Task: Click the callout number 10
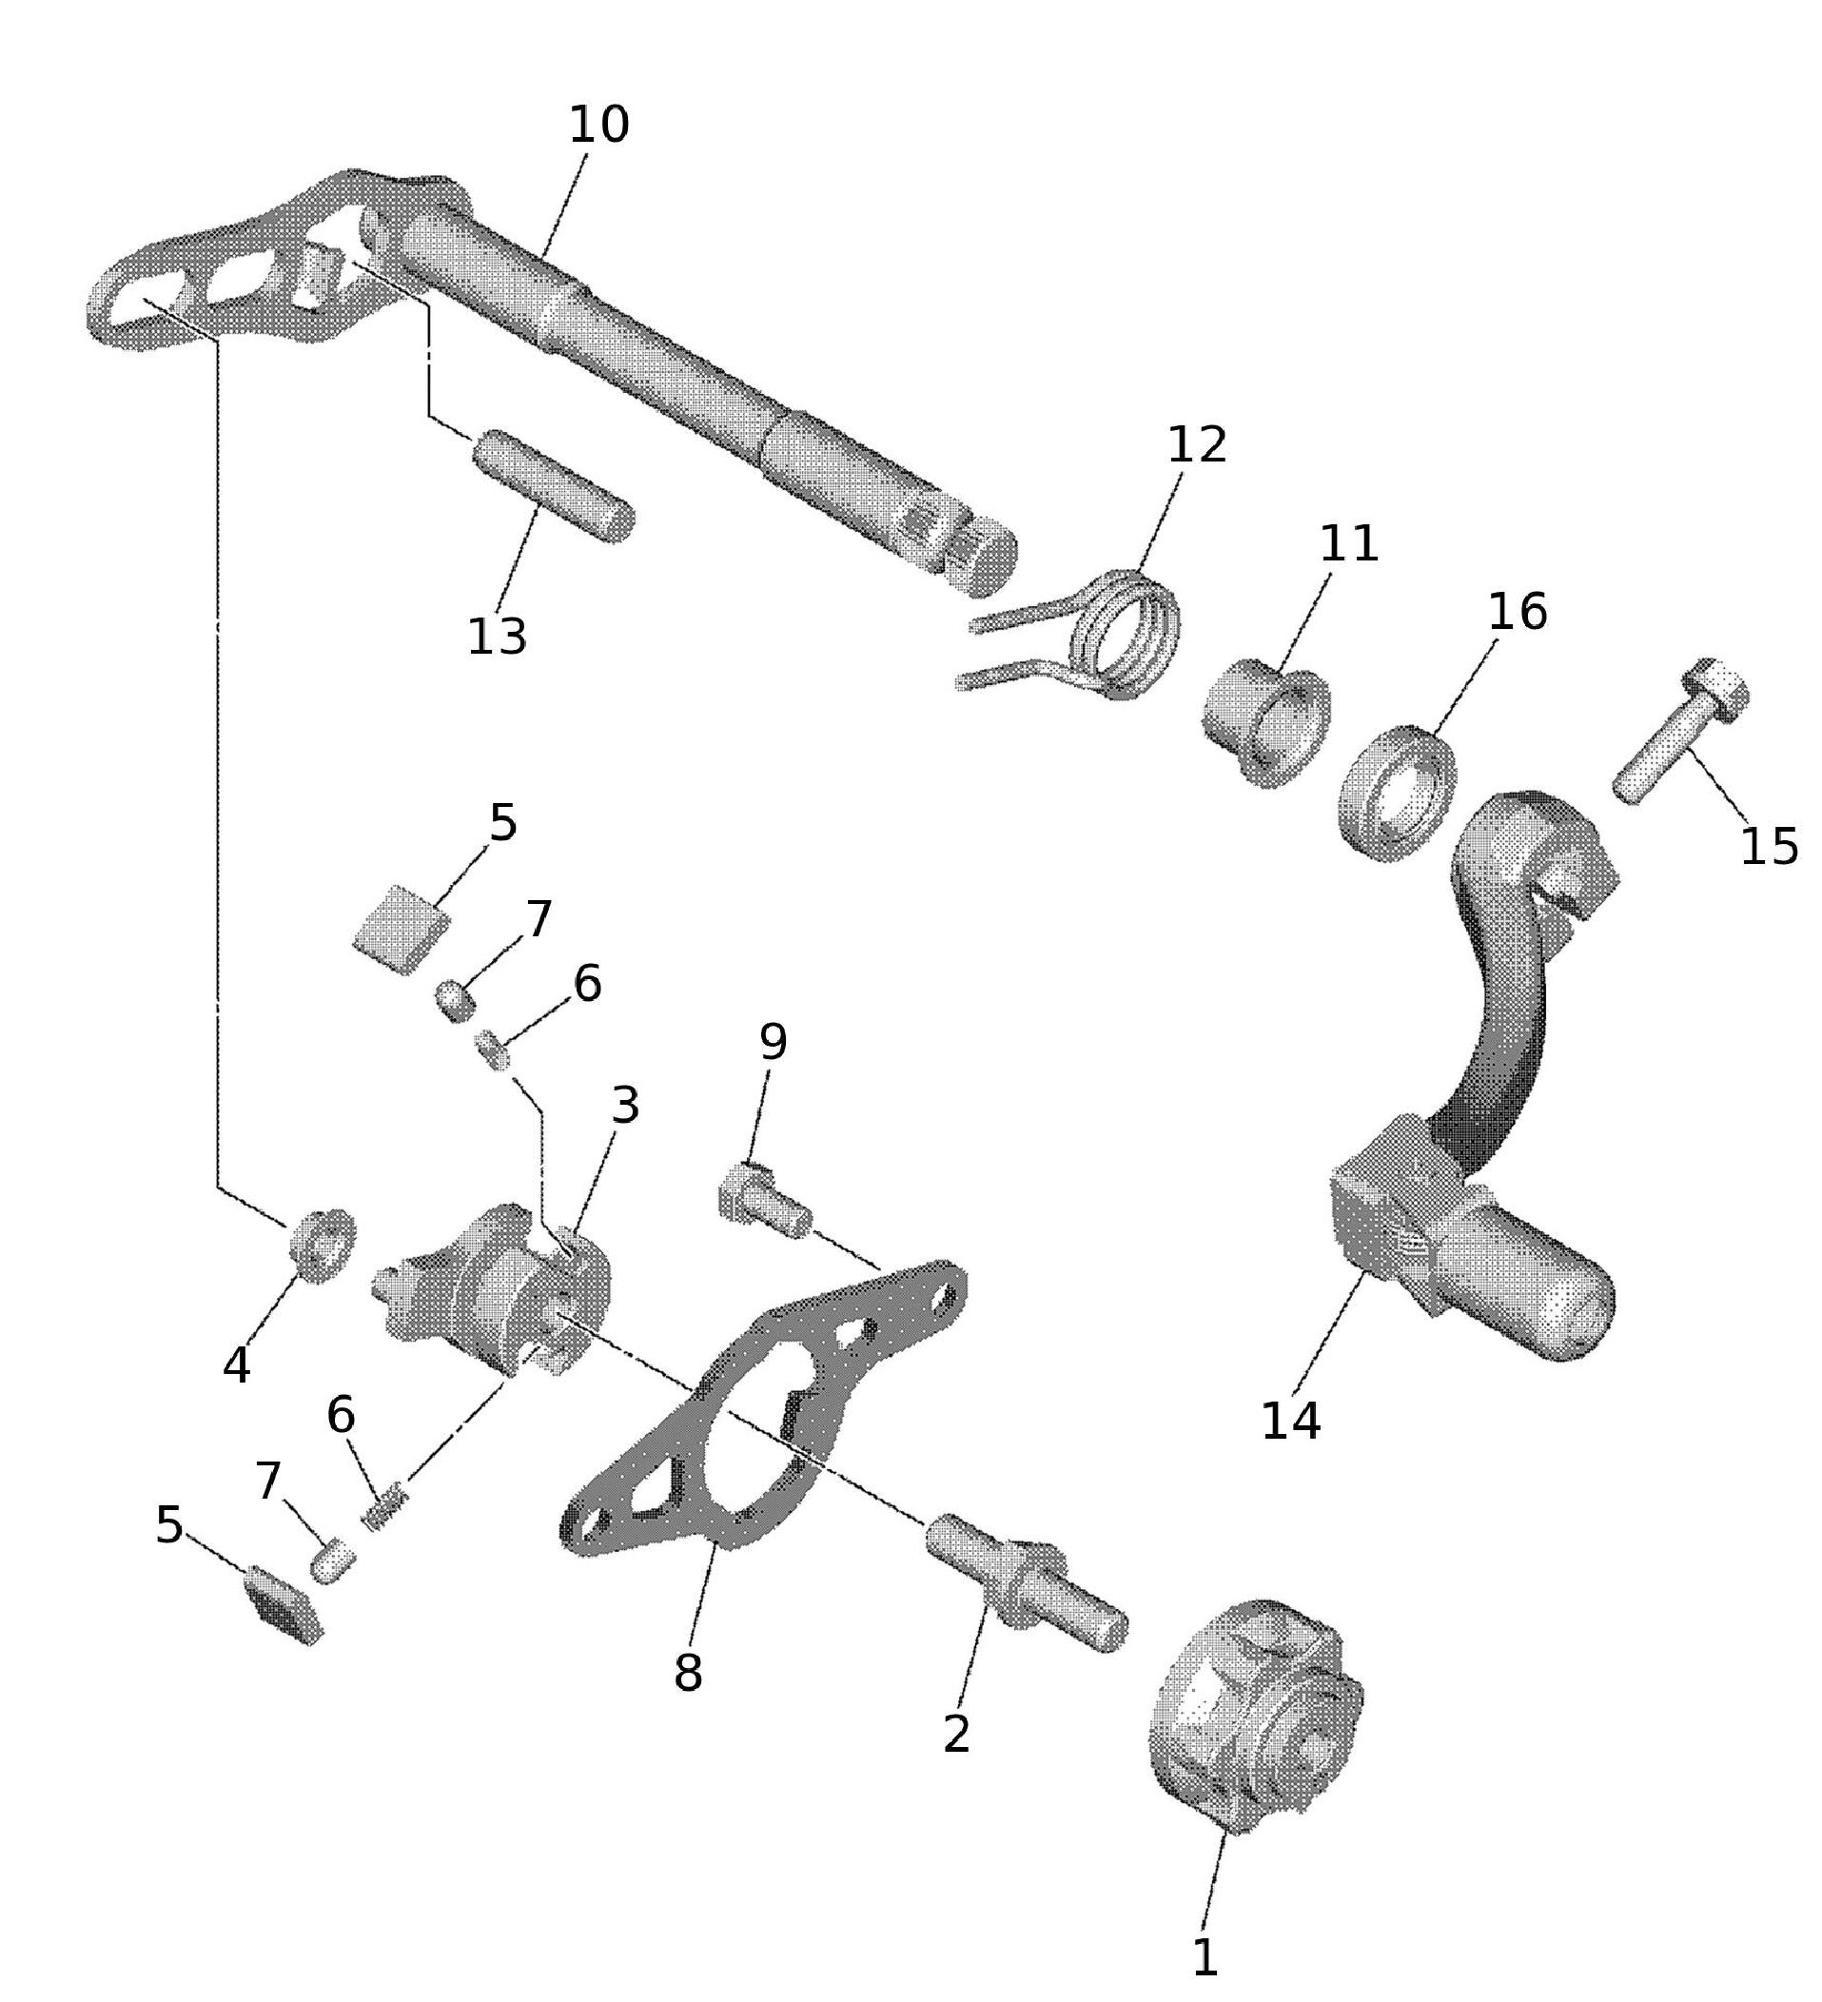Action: pyautogui.click(x=598, y=127)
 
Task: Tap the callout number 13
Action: pyautogui.click(x=497, y=637)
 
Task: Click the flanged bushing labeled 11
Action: pyautogui.click(x=1267, y=725)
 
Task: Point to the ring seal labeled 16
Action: pyautogui.click(x=1398, y=793)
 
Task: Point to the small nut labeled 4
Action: pyautogui.click(x=322, y=1246)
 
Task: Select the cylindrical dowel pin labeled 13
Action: pyautogui.click(x=553, y=485)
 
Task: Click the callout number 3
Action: pyautogui.click(x=624, y=1106)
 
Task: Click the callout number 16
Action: pyautogui.click(x=1517, y=612)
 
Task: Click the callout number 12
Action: pyautogui.click(x=1197, y=444)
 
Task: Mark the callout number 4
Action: pyautogui.click(x=236, y=1365)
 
